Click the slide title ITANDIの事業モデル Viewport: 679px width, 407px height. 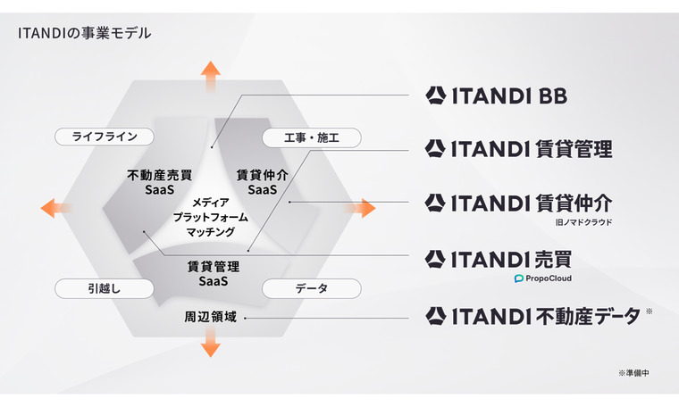[x=85, y=33]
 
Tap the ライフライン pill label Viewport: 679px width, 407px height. [x=105, y=137]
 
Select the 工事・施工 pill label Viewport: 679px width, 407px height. [x=311, y=138]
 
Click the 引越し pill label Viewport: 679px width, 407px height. [x=105, y=288]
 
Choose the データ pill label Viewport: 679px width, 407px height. [x=311, y=288]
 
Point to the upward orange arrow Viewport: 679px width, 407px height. [x=211, y=76]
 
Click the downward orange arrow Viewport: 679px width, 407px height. [x=211, y=342]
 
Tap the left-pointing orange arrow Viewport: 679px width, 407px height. [x=56, y=208]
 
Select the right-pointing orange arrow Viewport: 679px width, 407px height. [x=360, y=208]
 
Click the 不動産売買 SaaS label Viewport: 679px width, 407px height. [x=160, y=182]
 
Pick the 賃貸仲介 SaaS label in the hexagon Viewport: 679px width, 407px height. [x=263, y=182]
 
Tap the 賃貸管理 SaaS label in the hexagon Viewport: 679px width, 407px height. [x=213, y=273]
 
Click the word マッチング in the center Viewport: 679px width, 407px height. [x=211, y=232]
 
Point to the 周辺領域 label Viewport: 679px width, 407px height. [x=211, y=317]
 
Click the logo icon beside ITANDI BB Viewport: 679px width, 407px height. [x=436, y=96]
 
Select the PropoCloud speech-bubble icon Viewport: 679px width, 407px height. [x=519, y=278]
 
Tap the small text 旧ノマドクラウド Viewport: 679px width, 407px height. [x=583, y=222]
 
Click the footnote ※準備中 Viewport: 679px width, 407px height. [x=633, y=373]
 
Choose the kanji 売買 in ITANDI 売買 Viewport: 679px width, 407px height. [x=554, y=260]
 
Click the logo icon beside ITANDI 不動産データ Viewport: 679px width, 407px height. [x=436, y=316]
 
